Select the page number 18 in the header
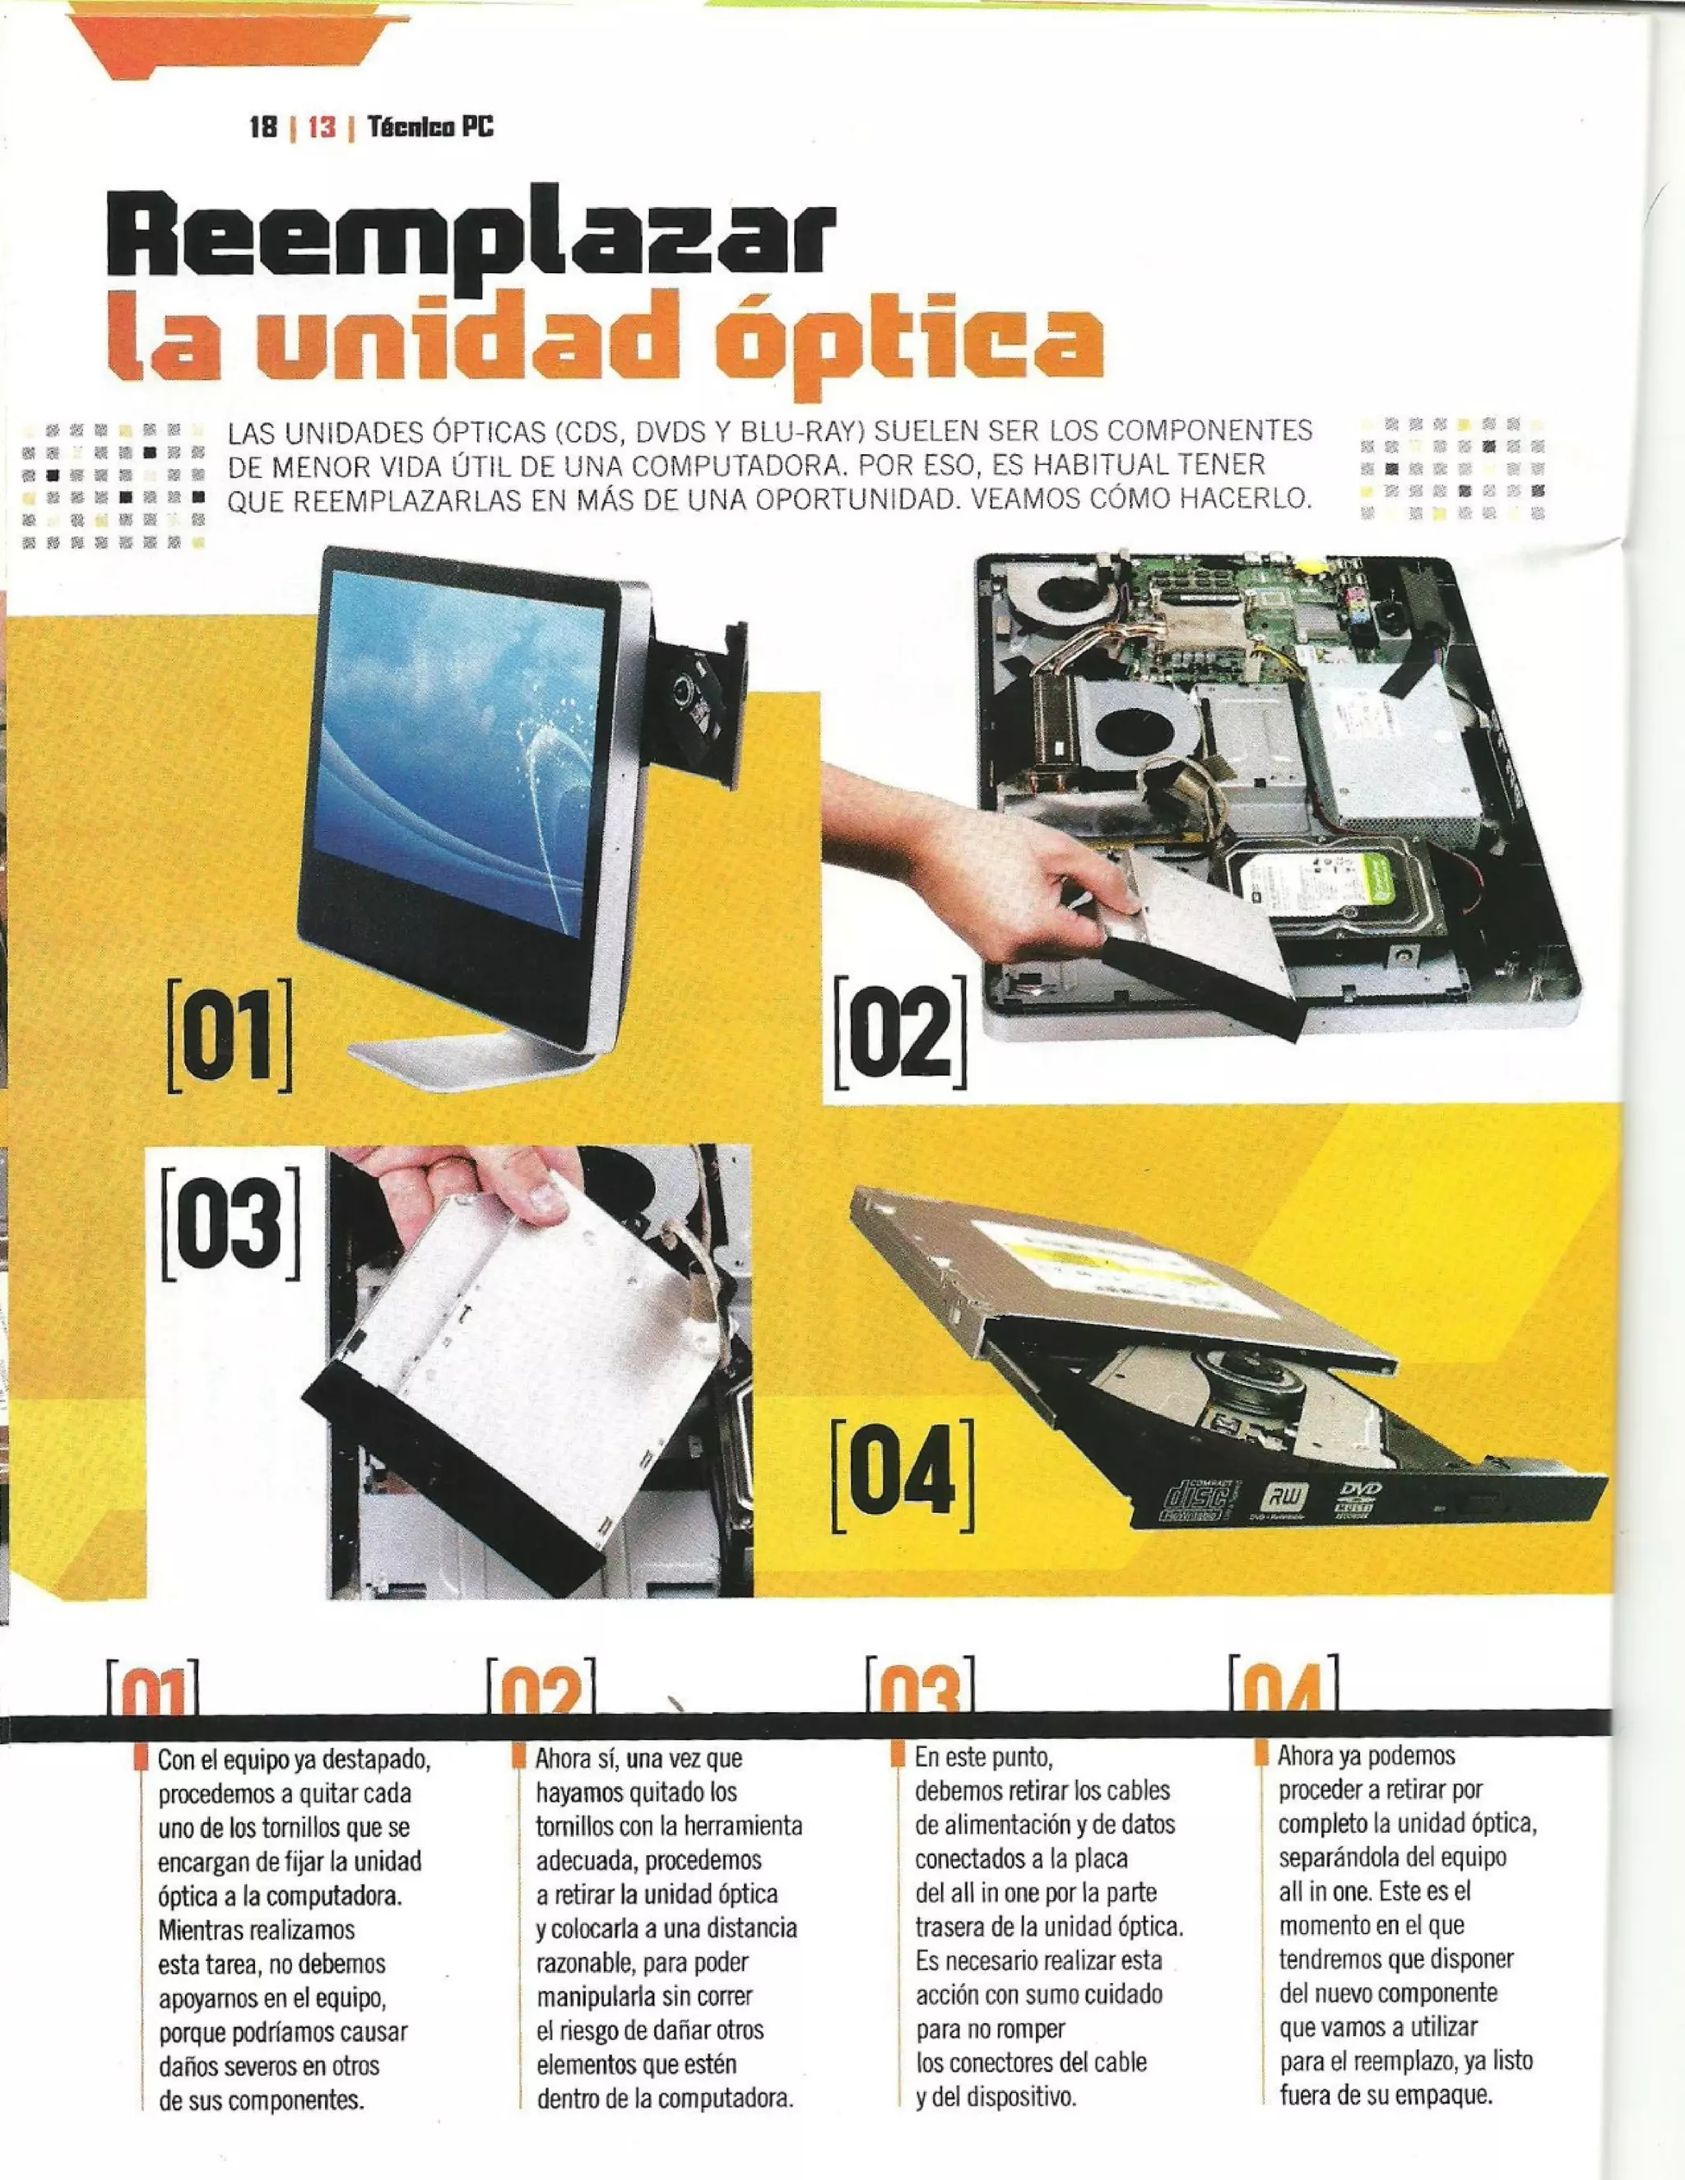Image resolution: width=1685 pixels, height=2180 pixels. point(262,127)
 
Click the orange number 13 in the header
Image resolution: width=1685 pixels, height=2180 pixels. point(322,127)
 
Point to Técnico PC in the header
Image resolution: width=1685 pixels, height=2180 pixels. point(430,127)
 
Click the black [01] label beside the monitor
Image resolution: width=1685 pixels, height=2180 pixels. point(230,1034)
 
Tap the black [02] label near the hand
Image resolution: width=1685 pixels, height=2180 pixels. point(899,1034)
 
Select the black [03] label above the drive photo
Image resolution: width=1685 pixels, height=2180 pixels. point(230,1222)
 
